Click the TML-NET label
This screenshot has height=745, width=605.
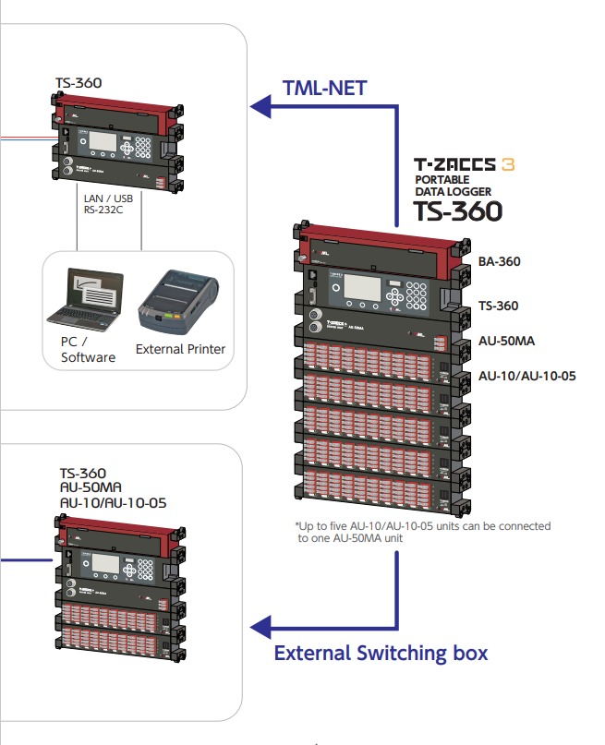tap(324, 89)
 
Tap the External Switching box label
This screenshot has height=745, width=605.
tap(381, 654)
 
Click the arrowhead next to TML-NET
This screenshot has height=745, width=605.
tap(260, 109)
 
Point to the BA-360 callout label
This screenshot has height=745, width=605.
tap(499, 261)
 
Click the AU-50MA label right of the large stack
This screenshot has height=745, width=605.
tap(506, 341)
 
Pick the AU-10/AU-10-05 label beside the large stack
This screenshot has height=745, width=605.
tap(526, 376)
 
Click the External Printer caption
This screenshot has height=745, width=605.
tap(180, 350)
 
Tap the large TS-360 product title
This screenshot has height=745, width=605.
tap(457, 210)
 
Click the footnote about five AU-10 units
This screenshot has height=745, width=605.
tap(421, 531)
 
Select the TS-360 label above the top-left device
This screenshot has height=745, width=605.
tap(79, 82)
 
